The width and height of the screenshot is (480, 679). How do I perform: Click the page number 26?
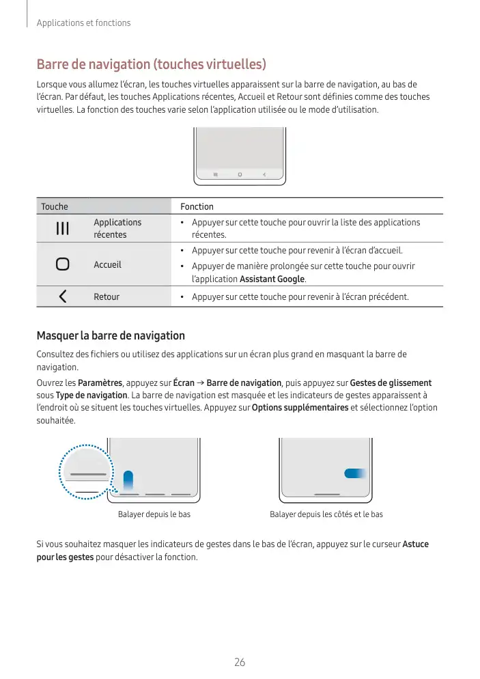click(x=240, y=662)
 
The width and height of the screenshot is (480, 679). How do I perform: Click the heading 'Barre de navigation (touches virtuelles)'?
click(x=150, y=65)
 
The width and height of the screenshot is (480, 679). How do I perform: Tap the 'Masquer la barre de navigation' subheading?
click(x=110, y=335)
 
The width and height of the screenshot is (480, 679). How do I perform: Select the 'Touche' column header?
click(x=55, y=206)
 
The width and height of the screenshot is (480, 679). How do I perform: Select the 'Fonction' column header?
click(x=197, y=206)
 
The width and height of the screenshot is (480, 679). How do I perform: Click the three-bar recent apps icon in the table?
click(x=62, y=228)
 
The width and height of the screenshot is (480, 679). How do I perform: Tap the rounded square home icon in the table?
click(x=62, y=264)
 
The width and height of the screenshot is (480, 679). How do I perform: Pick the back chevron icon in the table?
click(x=62, y=296)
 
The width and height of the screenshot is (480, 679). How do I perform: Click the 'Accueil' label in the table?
click(x=107, y=264)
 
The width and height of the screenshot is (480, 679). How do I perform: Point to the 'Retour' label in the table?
click(x=107, y=296)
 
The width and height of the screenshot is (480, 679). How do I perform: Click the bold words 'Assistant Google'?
click(x=272, y=279)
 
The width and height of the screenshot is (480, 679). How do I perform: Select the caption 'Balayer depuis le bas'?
click(x=154, y=514)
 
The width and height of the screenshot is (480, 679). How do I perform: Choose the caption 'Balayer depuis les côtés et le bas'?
click(x=326, y=514)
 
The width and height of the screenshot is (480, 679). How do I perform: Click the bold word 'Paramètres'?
click(x=100, y=383)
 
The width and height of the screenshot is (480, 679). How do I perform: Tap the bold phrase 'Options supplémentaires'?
click(x=300, y=408)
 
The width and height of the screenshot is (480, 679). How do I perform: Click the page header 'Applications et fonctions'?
click(x=83, y=23)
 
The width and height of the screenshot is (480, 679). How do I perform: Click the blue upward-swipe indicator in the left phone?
click(x=128, y=480)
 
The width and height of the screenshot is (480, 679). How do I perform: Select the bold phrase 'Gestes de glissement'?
click(x=391, y=383)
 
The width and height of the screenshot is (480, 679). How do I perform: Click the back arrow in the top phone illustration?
click(x=264, y=175)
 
